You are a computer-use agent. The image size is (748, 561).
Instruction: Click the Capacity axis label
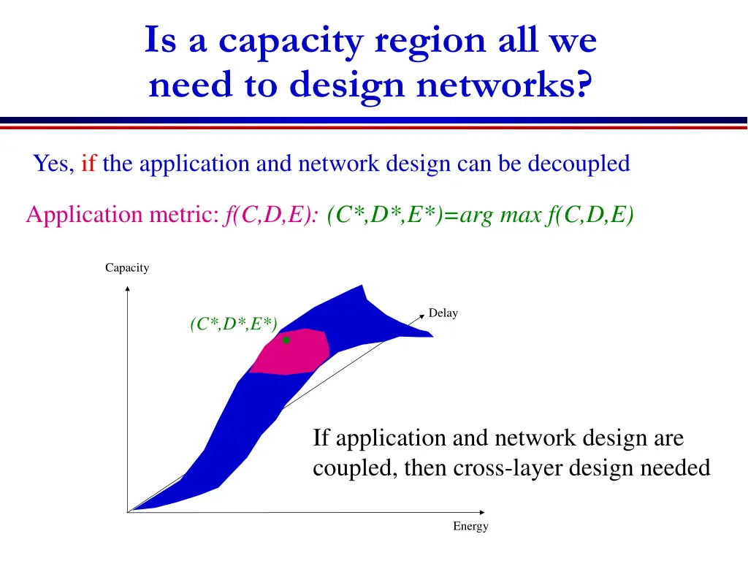127,268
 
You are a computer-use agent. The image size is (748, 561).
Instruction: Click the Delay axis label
443,313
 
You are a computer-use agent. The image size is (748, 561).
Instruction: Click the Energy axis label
470,526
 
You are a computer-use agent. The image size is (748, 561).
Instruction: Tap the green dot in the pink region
286,340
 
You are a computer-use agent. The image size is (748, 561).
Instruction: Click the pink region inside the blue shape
292,354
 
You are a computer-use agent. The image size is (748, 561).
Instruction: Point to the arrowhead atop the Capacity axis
128,288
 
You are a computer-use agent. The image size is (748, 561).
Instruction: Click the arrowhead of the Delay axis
421,317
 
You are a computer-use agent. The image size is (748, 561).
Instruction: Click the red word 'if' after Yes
89,164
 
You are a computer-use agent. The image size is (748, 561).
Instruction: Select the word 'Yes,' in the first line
54,164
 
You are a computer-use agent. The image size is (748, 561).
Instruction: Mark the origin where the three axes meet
128,511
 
